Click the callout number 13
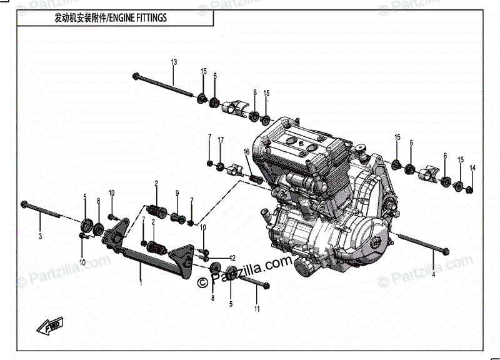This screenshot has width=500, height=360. (x=174, y=61)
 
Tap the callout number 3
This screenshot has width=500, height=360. (x=39, y=236)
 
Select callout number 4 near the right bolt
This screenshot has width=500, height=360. (x=433, y=274)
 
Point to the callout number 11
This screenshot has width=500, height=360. (x=256, y=309)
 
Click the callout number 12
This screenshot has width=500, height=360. (x=232, y=258)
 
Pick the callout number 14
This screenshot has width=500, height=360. (x=472, y=167)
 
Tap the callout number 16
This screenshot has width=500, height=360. (x=246, y=152)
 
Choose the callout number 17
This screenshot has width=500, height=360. (x=220, y=141)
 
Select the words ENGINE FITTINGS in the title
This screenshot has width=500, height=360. (x=138, y=17)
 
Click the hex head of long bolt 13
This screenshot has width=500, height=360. (x=136, y=76)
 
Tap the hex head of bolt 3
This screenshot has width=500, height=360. (x=25, y=204)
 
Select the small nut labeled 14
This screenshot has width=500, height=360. (x=471, y=188)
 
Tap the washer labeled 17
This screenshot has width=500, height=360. (x=220, y=166)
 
